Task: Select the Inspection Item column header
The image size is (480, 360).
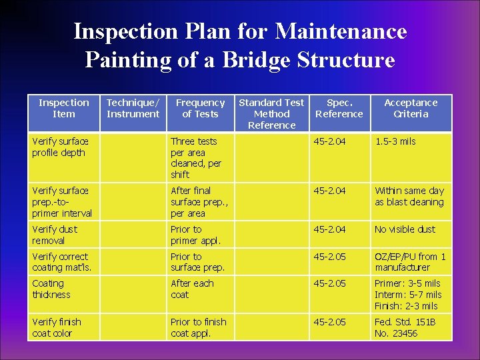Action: (63, 108)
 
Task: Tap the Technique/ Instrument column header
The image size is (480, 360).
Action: (133, 108)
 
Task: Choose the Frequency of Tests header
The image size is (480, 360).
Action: (200, 108)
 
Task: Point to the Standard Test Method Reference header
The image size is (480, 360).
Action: (271, 113)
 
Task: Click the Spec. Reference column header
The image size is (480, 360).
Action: (339, 108)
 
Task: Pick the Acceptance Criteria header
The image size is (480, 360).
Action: (411, 108)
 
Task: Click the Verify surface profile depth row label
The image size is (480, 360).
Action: (59, 147)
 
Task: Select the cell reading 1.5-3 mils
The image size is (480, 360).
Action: (395, 141)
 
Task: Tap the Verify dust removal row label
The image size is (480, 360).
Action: (55, 235)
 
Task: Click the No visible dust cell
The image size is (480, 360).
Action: (405, 229)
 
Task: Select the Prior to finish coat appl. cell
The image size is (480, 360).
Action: (198, 327)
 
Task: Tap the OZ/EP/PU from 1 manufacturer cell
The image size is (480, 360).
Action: (410, 262)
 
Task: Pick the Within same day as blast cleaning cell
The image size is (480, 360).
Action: (409, 196)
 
